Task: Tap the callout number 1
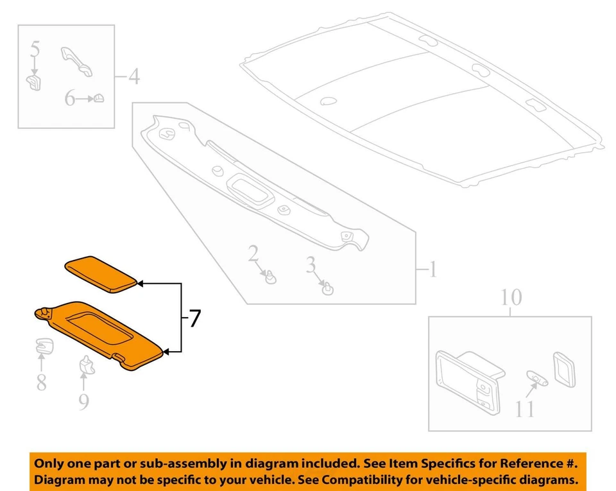432,270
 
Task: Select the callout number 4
133,78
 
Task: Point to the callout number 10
511,298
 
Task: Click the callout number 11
524,408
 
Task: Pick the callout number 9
83,402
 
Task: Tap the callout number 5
35,49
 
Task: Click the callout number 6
69,99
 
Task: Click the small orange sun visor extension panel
101,274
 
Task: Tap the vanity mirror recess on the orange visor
103,324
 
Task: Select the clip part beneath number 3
329,288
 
